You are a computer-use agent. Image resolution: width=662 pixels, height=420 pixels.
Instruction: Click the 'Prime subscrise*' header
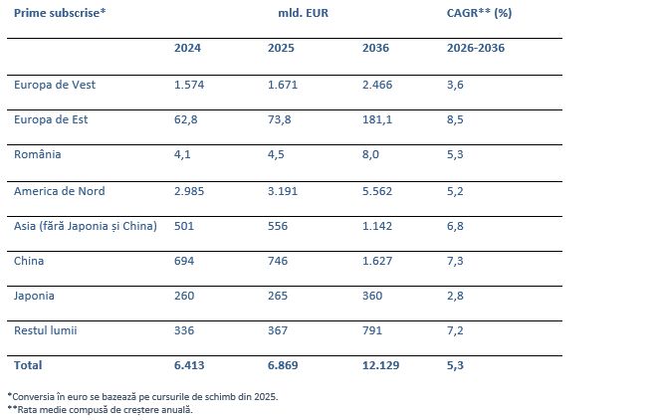pos(60,13)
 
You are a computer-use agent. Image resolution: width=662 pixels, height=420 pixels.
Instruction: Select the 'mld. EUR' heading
pos(304,13)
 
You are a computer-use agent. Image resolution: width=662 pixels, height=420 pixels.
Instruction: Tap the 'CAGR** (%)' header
pos(479,13)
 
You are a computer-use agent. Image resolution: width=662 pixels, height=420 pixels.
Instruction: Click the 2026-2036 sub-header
pos(476,48)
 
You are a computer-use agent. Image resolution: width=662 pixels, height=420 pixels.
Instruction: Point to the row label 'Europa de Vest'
pos(55,85)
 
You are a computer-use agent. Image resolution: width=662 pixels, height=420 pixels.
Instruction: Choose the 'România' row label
pos(37,154)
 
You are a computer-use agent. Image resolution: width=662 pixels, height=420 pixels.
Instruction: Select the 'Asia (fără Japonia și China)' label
pos(86,226)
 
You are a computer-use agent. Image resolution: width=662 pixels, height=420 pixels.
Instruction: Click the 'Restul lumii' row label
pos(45,330)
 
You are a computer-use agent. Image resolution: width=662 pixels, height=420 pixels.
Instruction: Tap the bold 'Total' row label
pos(28,365)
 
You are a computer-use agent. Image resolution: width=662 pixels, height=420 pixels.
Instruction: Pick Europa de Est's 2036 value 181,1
pos(377,119)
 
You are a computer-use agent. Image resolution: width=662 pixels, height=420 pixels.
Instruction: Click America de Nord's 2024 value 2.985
pos(189,191)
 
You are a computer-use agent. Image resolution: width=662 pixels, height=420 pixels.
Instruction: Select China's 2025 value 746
pos(278,261)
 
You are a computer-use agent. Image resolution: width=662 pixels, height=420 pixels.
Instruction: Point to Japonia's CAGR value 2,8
pos(455,296)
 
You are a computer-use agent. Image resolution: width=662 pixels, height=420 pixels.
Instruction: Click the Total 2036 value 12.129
pos(380,365)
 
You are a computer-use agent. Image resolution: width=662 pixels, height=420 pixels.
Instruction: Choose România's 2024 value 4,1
pos(182,154)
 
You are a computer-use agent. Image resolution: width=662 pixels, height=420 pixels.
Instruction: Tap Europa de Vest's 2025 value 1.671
pos(283,85)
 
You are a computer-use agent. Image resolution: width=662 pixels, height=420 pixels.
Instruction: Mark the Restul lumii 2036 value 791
pos(372,330)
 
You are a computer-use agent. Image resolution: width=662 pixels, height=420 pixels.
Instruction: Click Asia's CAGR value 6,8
pos(455,226)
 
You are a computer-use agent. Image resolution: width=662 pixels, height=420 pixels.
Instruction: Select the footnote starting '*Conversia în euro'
pos(142,397)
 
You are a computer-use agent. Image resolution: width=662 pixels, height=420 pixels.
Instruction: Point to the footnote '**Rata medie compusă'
pos(100,410)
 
